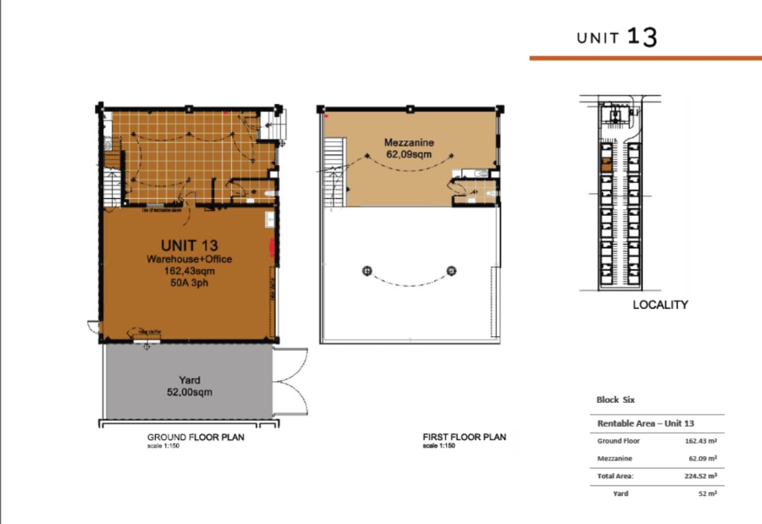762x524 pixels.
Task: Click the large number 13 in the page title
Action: point(643,36)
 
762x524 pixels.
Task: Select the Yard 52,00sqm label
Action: point(188,386)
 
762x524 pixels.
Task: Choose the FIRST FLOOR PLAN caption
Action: point(464,437)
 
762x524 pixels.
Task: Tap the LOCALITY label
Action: point(660,305)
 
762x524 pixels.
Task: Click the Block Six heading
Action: point(616,400)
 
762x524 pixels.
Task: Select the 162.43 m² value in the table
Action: point(701,441)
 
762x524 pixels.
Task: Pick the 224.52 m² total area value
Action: point(701,477)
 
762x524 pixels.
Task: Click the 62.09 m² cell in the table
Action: point(704,459)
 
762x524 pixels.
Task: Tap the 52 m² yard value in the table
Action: point(708,494)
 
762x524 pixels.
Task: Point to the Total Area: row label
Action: point(616,477)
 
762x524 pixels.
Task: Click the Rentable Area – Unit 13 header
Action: point(646,423)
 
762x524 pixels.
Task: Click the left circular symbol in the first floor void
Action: point(367,271)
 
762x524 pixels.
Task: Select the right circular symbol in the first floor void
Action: point(452,271)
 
